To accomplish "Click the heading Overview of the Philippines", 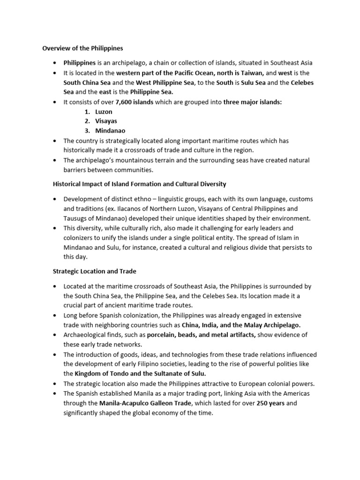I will pos(82,48).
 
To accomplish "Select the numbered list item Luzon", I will pos(104,112).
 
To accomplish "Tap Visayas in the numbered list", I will pos(106,121).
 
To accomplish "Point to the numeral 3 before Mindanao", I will pos(87,131).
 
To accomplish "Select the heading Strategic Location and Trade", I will pos(94,271).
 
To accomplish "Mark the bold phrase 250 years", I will pos(270,403).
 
